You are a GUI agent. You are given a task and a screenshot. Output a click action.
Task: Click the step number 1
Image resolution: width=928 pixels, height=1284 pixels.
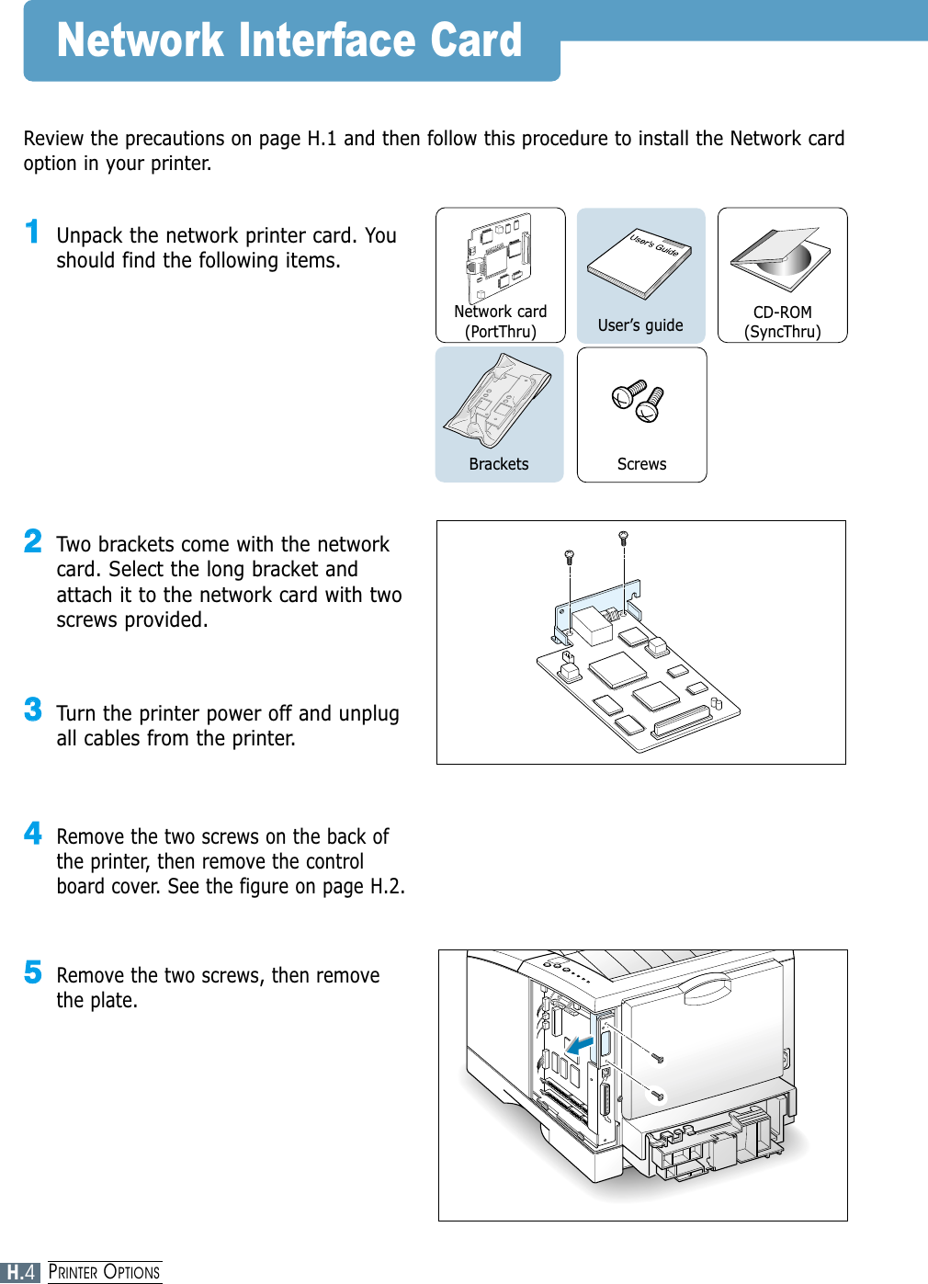point(32,232)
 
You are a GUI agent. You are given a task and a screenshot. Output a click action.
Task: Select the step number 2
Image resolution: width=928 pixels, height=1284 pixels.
point(33,540)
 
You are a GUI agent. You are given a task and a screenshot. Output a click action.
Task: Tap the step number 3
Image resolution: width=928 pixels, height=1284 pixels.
point(33,710)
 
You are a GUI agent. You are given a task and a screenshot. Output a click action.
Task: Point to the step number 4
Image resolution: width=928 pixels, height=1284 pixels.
point(33,833)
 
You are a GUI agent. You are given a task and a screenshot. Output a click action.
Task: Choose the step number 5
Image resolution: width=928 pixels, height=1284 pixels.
point(33,972)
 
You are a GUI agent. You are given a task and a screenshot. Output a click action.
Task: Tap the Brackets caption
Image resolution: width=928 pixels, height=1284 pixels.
point(499,464)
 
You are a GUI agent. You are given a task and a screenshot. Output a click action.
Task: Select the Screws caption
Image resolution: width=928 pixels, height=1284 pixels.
point(641,464)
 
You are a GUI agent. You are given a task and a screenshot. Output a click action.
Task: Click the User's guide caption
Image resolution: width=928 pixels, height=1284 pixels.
point(640,325)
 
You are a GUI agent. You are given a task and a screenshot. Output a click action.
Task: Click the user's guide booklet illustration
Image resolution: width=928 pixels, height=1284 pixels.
point(640,262)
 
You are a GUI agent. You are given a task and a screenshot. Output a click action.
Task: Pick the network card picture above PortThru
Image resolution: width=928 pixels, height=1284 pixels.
point(499,257)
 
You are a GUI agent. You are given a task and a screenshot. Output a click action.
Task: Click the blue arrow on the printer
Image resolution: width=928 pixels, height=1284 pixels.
point(580,1045)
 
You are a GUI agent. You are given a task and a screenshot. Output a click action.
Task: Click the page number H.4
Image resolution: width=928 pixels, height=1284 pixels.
point(21,1272)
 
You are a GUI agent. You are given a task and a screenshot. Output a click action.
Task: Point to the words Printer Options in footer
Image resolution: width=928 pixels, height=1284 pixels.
point(104,1272)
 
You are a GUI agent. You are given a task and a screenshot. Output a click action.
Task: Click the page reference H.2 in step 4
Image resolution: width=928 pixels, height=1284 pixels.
point(386,886)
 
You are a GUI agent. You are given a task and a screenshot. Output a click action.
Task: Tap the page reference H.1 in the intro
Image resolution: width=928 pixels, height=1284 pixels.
point(322,139)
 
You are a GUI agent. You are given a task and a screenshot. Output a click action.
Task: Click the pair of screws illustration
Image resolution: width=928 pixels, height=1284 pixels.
point(639,401)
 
